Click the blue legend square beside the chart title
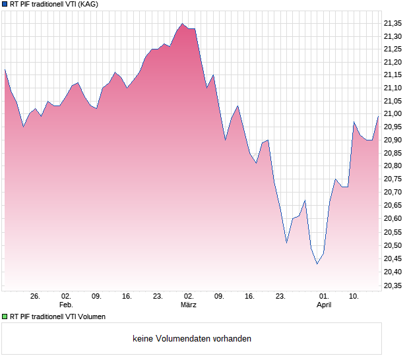click(5, 5)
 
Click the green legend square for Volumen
click(5, 316)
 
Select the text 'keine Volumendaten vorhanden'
click(192, 339)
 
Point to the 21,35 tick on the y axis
click(393, 23)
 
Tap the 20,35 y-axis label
click(393, 285)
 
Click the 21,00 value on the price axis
click(393, 115)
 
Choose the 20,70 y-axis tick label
click(393, 193)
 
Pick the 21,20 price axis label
click(393, 62)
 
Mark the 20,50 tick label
click(393, 245)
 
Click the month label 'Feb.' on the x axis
click(66, 305)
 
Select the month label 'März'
click(189, 305)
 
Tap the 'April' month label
click(324, 305)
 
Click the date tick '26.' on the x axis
click(36, 297)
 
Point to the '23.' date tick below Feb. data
click(158, 297)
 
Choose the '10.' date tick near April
click(354, 297)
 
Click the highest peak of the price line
click(182, 24)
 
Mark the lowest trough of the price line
click(317, 264)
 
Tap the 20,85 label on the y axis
click(393, 154)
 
